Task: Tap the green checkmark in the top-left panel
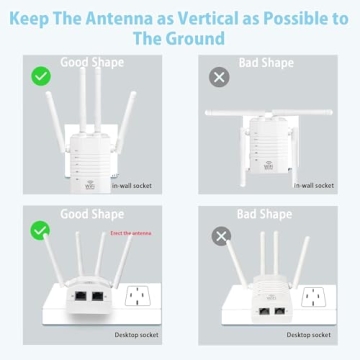(41, 76)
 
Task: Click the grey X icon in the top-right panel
(219, 76)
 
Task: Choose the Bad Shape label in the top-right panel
(266, 62)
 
